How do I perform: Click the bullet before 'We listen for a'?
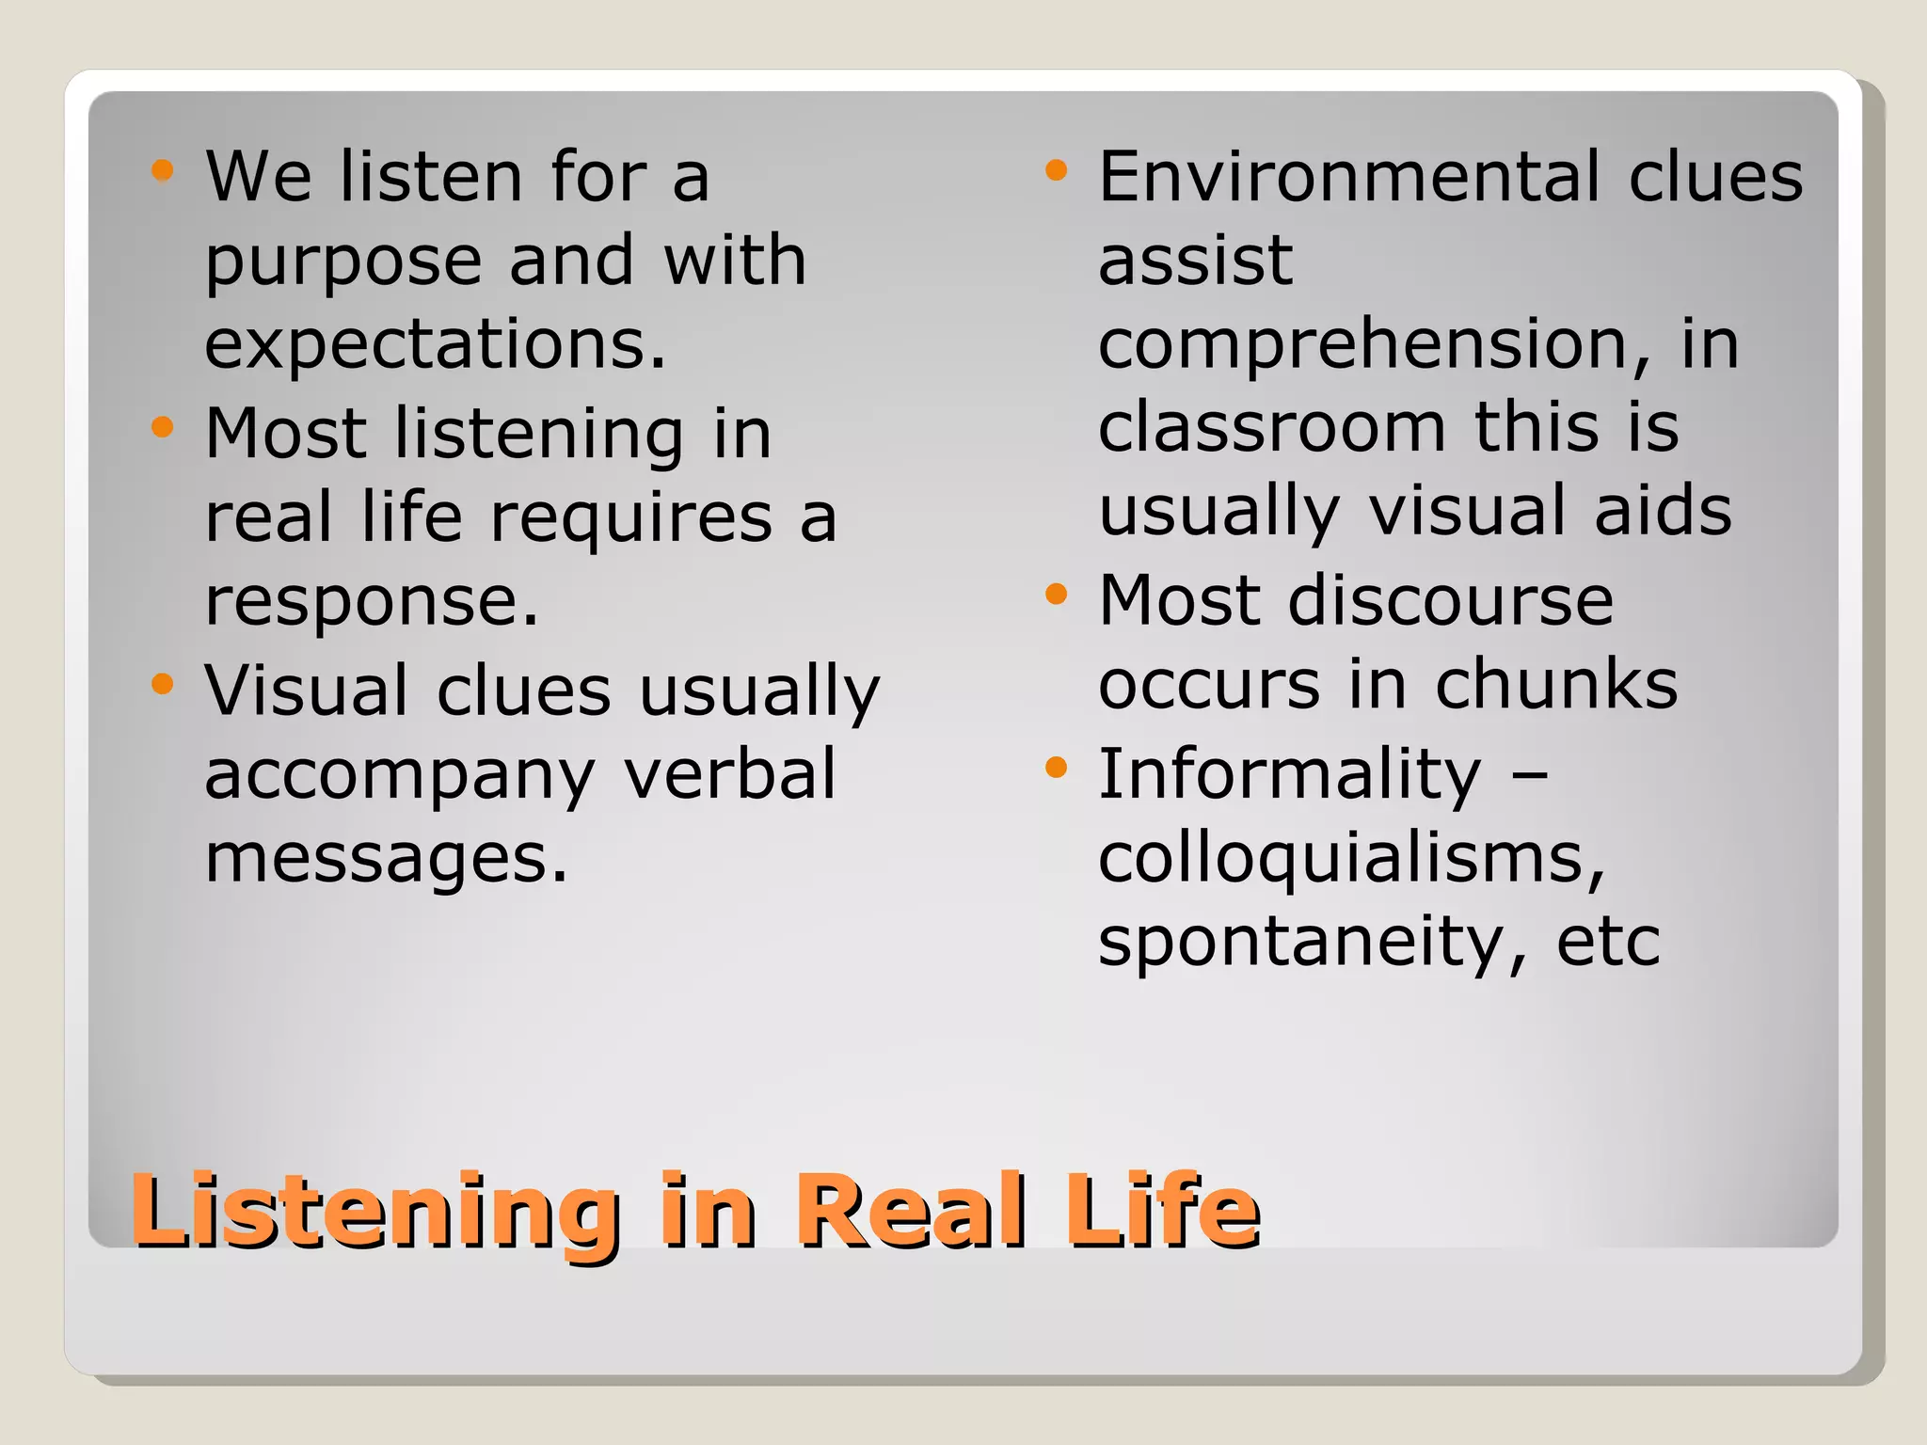tap(163, 170)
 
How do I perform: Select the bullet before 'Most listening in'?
tap(163, 427)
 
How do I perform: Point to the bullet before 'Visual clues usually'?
tap(163, 684)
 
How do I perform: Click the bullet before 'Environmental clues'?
tap(1056, 170)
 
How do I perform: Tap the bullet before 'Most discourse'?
tap(1056, 595)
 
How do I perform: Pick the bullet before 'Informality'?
tap(1056, 768)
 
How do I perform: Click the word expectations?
tap(436, 344)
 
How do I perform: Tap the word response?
tap(373, 602)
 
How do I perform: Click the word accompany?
tap(400, 775)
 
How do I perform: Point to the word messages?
tap(387, 859)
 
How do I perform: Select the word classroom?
tap(1271, 427)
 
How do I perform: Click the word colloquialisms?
tap(1351, 859)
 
